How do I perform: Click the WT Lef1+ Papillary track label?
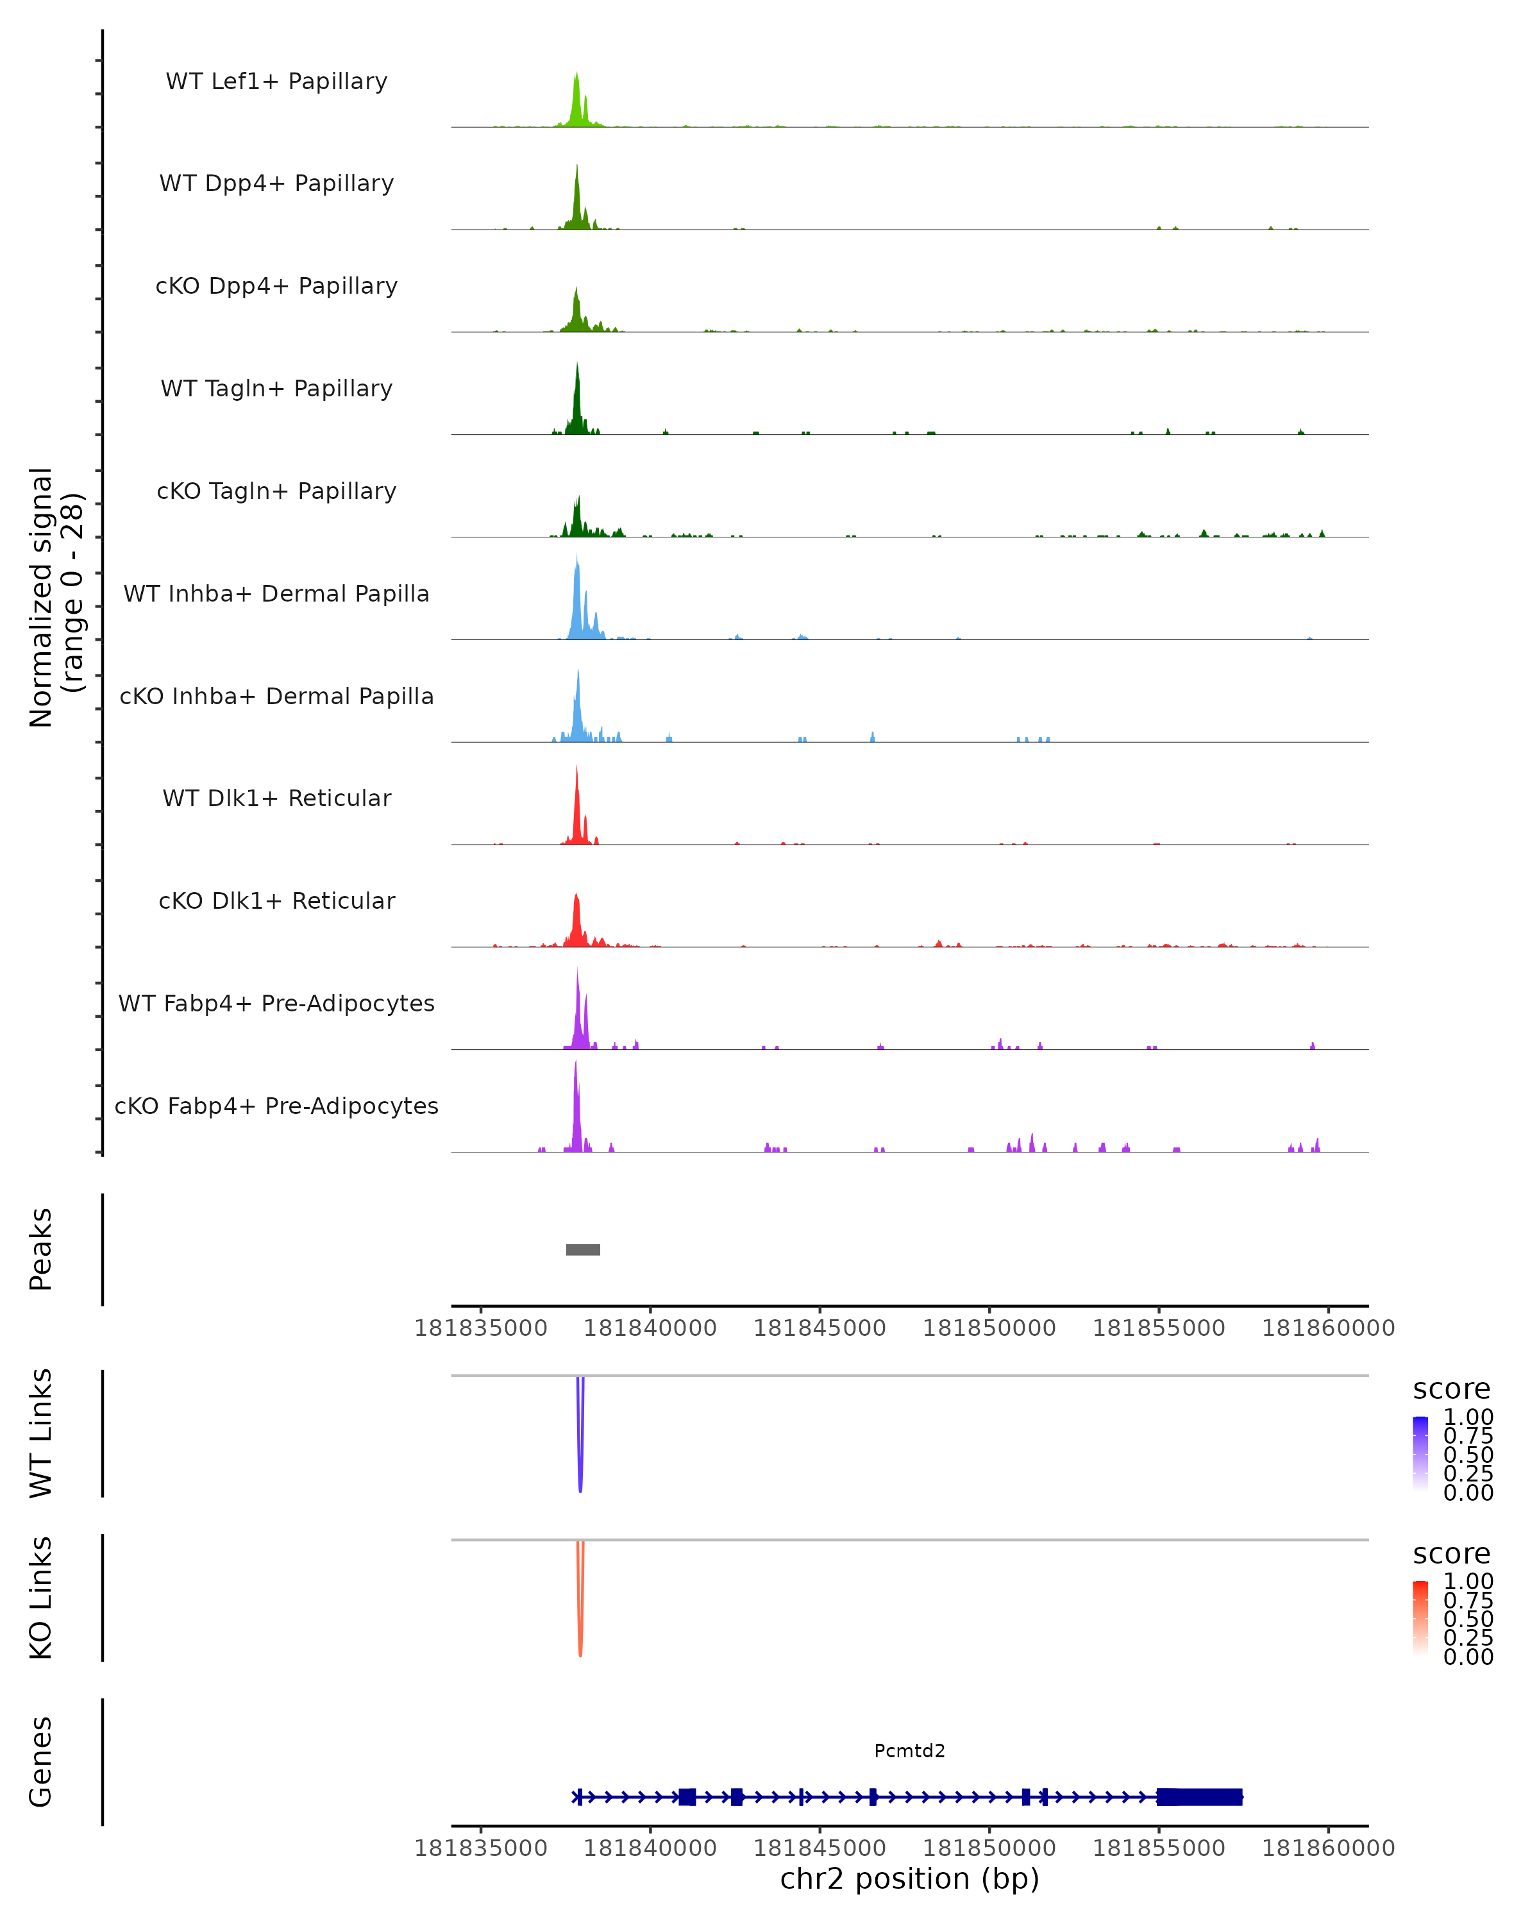tap(276, 81)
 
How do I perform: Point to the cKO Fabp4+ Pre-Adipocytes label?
tap(276, 1106)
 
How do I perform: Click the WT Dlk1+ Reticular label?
tap(276, 798)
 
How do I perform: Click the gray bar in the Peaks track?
tap(583, 1249)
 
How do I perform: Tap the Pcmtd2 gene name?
tap(909, 1751)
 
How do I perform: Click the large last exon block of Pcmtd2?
tap(1199, 1797)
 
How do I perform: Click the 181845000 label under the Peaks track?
tap(820, 1328)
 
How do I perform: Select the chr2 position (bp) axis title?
tap(909, 1879)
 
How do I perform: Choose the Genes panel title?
tap(41, 1762)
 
